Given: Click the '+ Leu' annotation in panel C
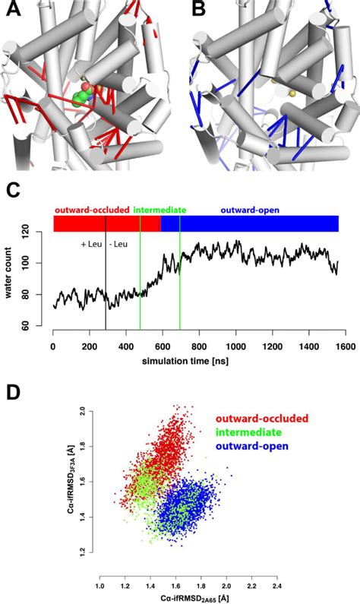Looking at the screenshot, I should coord(92,245).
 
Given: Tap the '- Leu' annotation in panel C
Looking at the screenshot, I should coord(119,245).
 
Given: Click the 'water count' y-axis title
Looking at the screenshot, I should coord(13,281).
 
